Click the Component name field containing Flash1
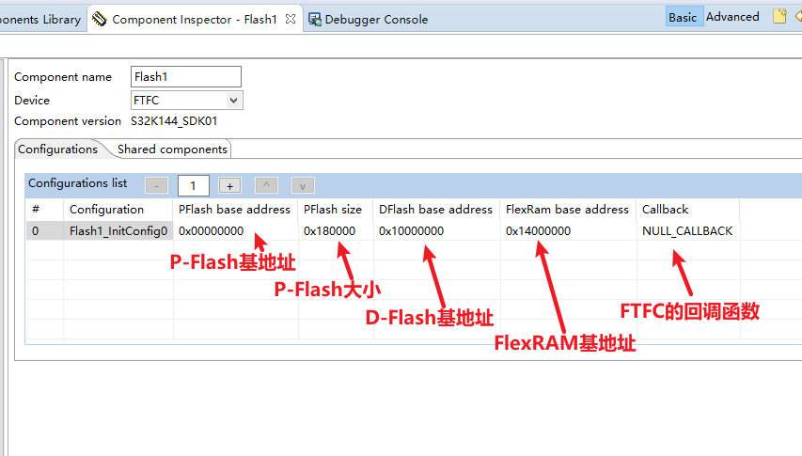(x=186, y=77)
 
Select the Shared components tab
(x=172, y=149)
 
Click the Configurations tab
(x=57, y=149)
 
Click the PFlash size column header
(x=333, y=209)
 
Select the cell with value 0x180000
(x=329, y=230)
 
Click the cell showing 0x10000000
(x=411, y=230)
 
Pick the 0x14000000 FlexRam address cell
(x=538, y=230)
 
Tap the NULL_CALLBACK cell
(x=687, y=230)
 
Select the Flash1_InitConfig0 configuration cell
(x=118, y=230)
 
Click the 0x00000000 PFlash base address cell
(x=211, y=230)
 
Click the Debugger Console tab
(x=375, y=19)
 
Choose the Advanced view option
(x=732, y=17)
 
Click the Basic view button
(x=683, y=17)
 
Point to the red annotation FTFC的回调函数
(x=689, y=310)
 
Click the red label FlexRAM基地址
(x=565, y=343)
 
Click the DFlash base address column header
(x=435, y=209)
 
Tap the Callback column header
(x=665, y=209)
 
